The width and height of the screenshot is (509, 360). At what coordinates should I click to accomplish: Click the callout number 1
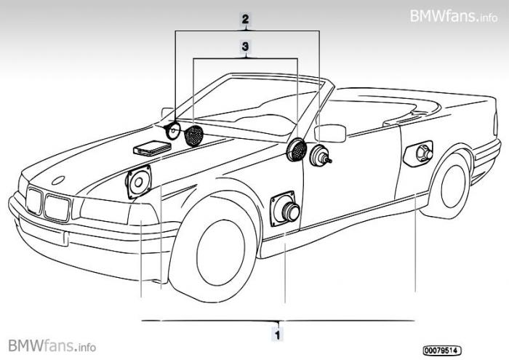point(277,335)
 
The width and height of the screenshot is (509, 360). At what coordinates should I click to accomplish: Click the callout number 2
point(247,20)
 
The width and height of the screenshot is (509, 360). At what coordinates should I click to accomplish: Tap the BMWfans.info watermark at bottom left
point(52,344)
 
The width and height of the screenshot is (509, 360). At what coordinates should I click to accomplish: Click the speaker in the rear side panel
point(421,153)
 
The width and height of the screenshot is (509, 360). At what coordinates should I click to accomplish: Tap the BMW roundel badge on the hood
point(60,179)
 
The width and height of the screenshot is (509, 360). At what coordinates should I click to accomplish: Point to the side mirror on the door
point(331,133)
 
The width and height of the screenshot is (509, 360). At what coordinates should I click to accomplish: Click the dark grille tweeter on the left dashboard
point(194,136)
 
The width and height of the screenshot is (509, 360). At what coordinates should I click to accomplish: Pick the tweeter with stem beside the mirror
point(319,156)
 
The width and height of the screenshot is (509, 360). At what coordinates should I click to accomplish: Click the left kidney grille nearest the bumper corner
point(33,201)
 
